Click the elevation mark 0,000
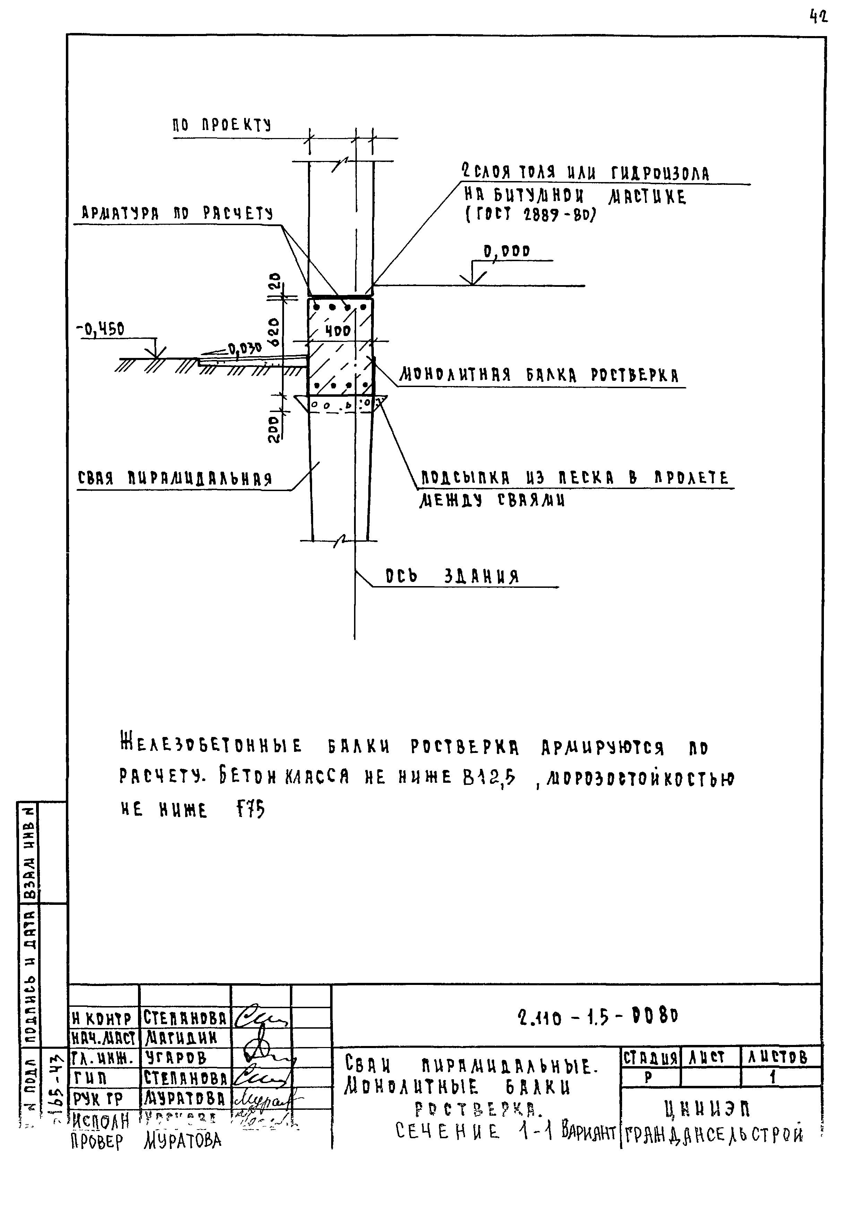[507, 251]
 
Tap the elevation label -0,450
[100, 329]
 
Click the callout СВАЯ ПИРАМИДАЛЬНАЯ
[174, 479]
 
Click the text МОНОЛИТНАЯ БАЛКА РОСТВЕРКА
[539, 376]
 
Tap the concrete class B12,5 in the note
[489, 777]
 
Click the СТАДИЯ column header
[650, 1057]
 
